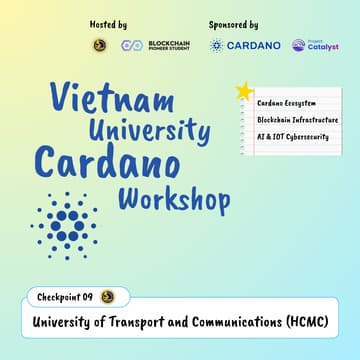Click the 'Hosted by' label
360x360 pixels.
point(108,23)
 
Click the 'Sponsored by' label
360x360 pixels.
point(234,23)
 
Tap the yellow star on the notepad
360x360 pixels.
point(243,91)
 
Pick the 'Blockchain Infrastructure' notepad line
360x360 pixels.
point(297,120)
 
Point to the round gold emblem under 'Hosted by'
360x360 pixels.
point(99,45)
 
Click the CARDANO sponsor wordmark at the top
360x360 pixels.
point(254,45)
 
